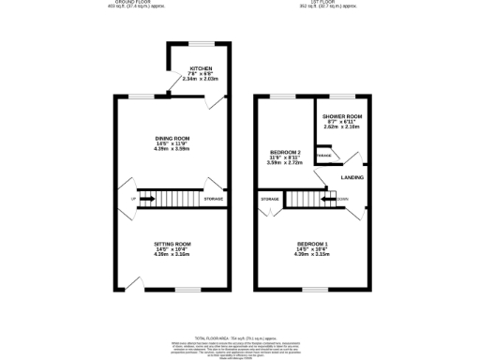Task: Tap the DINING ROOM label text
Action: (x=172, y=139)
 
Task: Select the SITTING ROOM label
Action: (x=172, y=243)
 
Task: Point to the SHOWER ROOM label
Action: (x=341, y=117)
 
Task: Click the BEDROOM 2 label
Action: (x=285, y=152)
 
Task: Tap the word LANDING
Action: (x=352, y=176)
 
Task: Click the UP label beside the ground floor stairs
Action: (x=133, y=199)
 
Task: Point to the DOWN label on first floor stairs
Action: (x=343, y=198)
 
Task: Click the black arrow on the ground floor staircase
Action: (x=147, y=199)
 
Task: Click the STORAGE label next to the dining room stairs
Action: (x=214, y=199)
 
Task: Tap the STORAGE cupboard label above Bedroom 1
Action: (x=271, y=199)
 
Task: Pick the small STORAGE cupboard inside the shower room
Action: (x=323, y=155)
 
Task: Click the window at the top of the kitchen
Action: (x=199, y=43)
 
